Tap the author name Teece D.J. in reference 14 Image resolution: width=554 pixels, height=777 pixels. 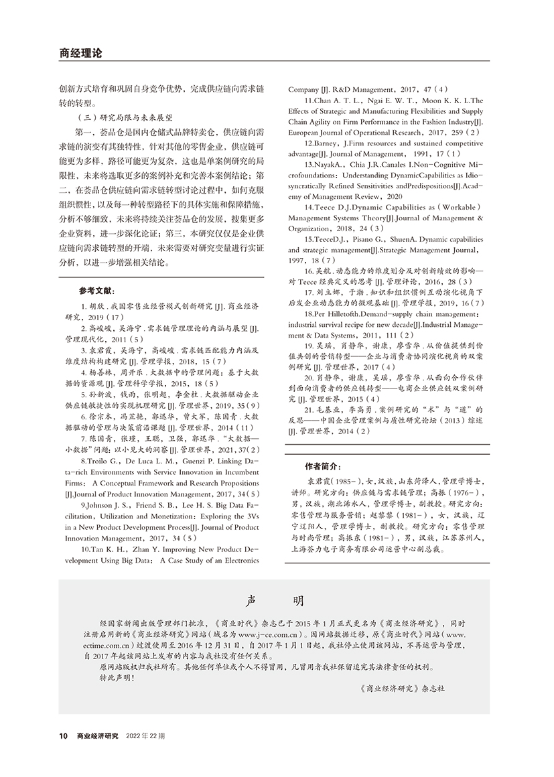tap(328, 208)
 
